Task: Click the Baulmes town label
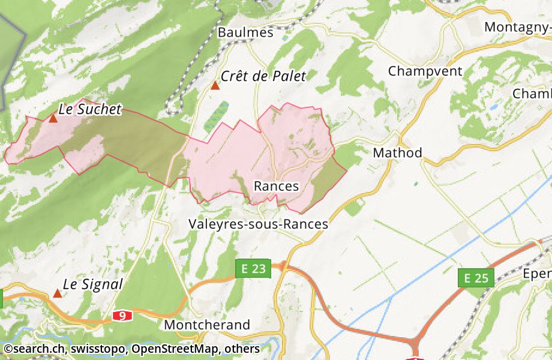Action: [x=245, y=32]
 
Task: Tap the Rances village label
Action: [x=276, y=186]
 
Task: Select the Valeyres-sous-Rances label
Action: [x=258, y=224]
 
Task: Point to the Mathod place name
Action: [x=397, y=152]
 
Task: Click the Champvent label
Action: [x=425, y=71]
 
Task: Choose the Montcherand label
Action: [x=207, y=325]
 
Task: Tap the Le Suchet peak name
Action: [x=90, y=109]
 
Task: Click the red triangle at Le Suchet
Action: [x=53, y=118]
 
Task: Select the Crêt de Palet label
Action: [x=263, y=76]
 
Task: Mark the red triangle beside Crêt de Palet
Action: [x=215, y=85]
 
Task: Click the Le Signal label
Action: [x=92, y=284]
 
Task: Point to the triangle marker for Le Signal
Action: [x=58, y=293]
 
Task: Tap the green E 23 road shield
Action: [x=253, y=269]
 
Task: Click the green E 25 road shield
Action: [x=476, y=278]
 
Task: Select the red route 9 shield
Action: [x=122, y=316]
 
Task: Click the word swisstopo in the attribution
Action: [x=101, y=349]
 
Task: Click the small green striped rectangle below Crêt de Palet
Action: [x=217, y=117]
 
